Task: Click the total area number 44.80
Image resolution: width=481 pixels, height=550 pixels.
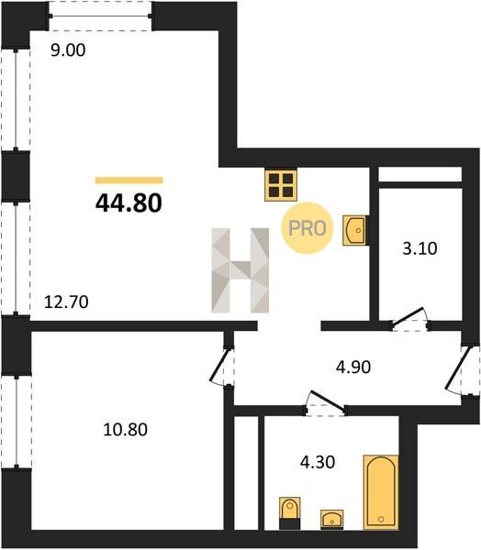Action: tap(129, 203)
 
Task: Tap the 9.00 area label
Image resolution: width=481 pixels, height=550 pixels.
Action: tap(68, 50)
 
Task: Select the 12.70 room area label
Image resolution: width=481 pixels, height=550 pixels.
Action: tap(66, 302)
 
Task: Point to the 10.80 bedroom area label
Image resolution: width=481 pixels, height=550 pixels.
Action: tap(126, 429)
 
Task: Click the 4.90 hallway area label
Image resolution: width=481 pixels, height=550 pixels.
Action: tap(353, 368)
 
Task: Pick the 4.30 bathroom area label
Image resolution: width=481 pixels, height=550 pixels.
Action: tap(318, 462)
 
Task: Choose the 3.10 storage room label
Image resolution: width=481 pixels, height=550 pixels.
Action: tap(419, 248)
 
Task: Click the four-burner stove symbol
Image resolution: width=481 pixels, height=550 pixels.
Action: tap(281, 185)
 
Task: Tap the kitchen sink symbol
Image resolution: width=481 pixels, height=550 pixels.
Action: tap(355, 230)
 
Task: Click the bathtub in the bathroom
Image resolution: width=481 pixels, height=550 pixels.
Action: tap(381, 492)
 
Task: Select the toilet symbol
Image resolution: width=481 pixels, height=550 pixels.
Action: tap(290, 512)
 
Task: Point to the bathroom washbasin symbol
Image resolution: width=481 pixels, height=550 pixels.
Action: tap(332, 520)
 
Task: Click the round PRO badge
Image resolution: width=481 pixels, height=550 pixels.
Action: tap(307, 228)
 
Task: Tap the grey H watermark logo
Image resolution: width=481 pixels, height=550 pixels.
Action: tap(240, 270)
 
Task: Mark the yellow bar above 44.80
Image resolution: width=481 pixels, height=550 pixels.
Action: tap(129, 181)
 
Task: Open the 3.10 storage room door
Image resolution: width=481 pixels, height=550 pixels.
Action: tap(408, 318)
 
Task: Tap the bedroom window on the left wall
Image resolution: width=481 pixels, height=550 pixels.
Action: tap(17, 421)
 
